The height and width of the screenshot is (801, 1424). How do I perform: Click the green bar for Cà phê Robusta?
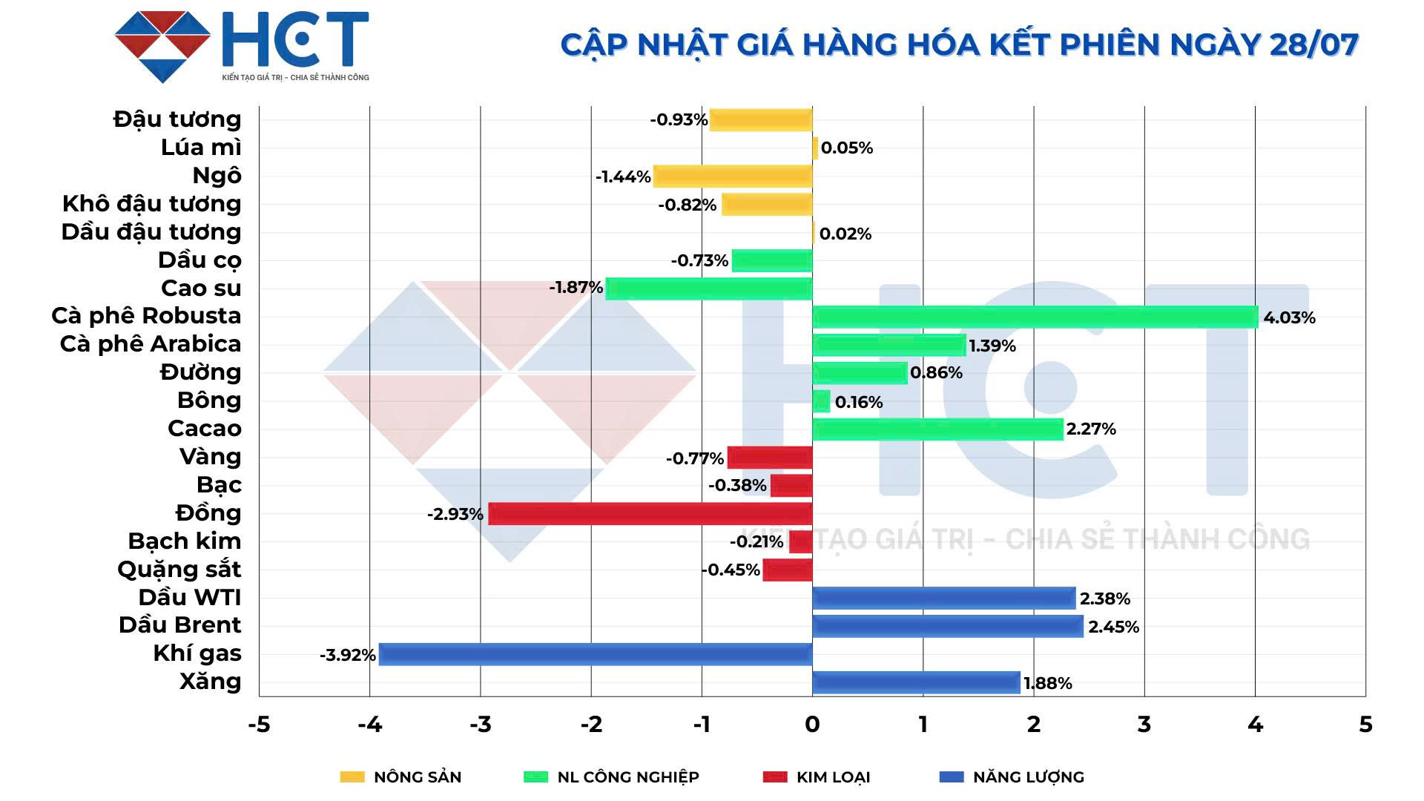click(1035, 317)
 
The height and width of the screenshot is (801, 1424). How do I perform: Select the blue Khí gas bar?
click(596, 654)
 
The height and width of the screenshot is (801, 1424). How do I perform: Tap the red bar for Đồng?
click(650, 513)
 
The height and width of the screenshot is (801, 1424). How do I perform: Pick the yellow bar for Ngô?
click(733, 176)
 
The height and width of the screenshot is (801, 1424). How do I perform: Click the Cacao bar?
click(937, 429)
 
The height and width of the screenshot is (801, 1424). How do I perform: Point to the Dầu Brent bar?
click(948, 626)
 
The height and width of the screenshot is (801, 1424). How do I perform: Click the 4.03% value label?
click(1289, 317)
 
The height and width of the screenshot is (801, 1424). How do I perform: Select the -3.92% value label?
click(347, 655)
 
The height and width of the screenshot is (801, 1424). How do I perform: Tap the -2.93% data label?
click(455, 514)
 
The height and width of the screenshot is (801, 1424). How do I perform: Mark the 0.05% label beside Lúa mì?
click(846, 148)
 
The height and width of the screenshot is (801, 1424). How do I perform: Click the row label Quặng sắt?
click(179, 569)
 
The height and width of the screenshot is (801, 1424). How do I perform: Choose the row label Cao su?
click(201, 288)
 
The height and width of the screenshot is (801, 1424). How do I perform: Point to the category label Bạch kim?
click(184, 541)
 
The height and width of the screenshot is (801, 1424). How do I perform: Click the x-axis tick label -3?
click(480, 724)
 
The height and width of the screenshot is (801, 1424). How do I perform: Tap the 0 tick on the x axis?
click(812, 724)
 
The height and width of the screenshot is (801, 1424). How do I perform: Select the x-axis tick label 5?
click(1365, 724)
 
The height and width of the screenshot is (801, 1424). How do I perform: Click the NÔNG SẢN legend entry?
click(400, 777)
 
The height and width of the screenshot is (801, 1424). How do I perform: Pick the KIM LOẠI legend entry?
click(817, 777)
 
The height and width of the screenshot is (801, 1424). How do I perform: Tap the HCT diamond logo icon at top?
click(163, 46)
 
